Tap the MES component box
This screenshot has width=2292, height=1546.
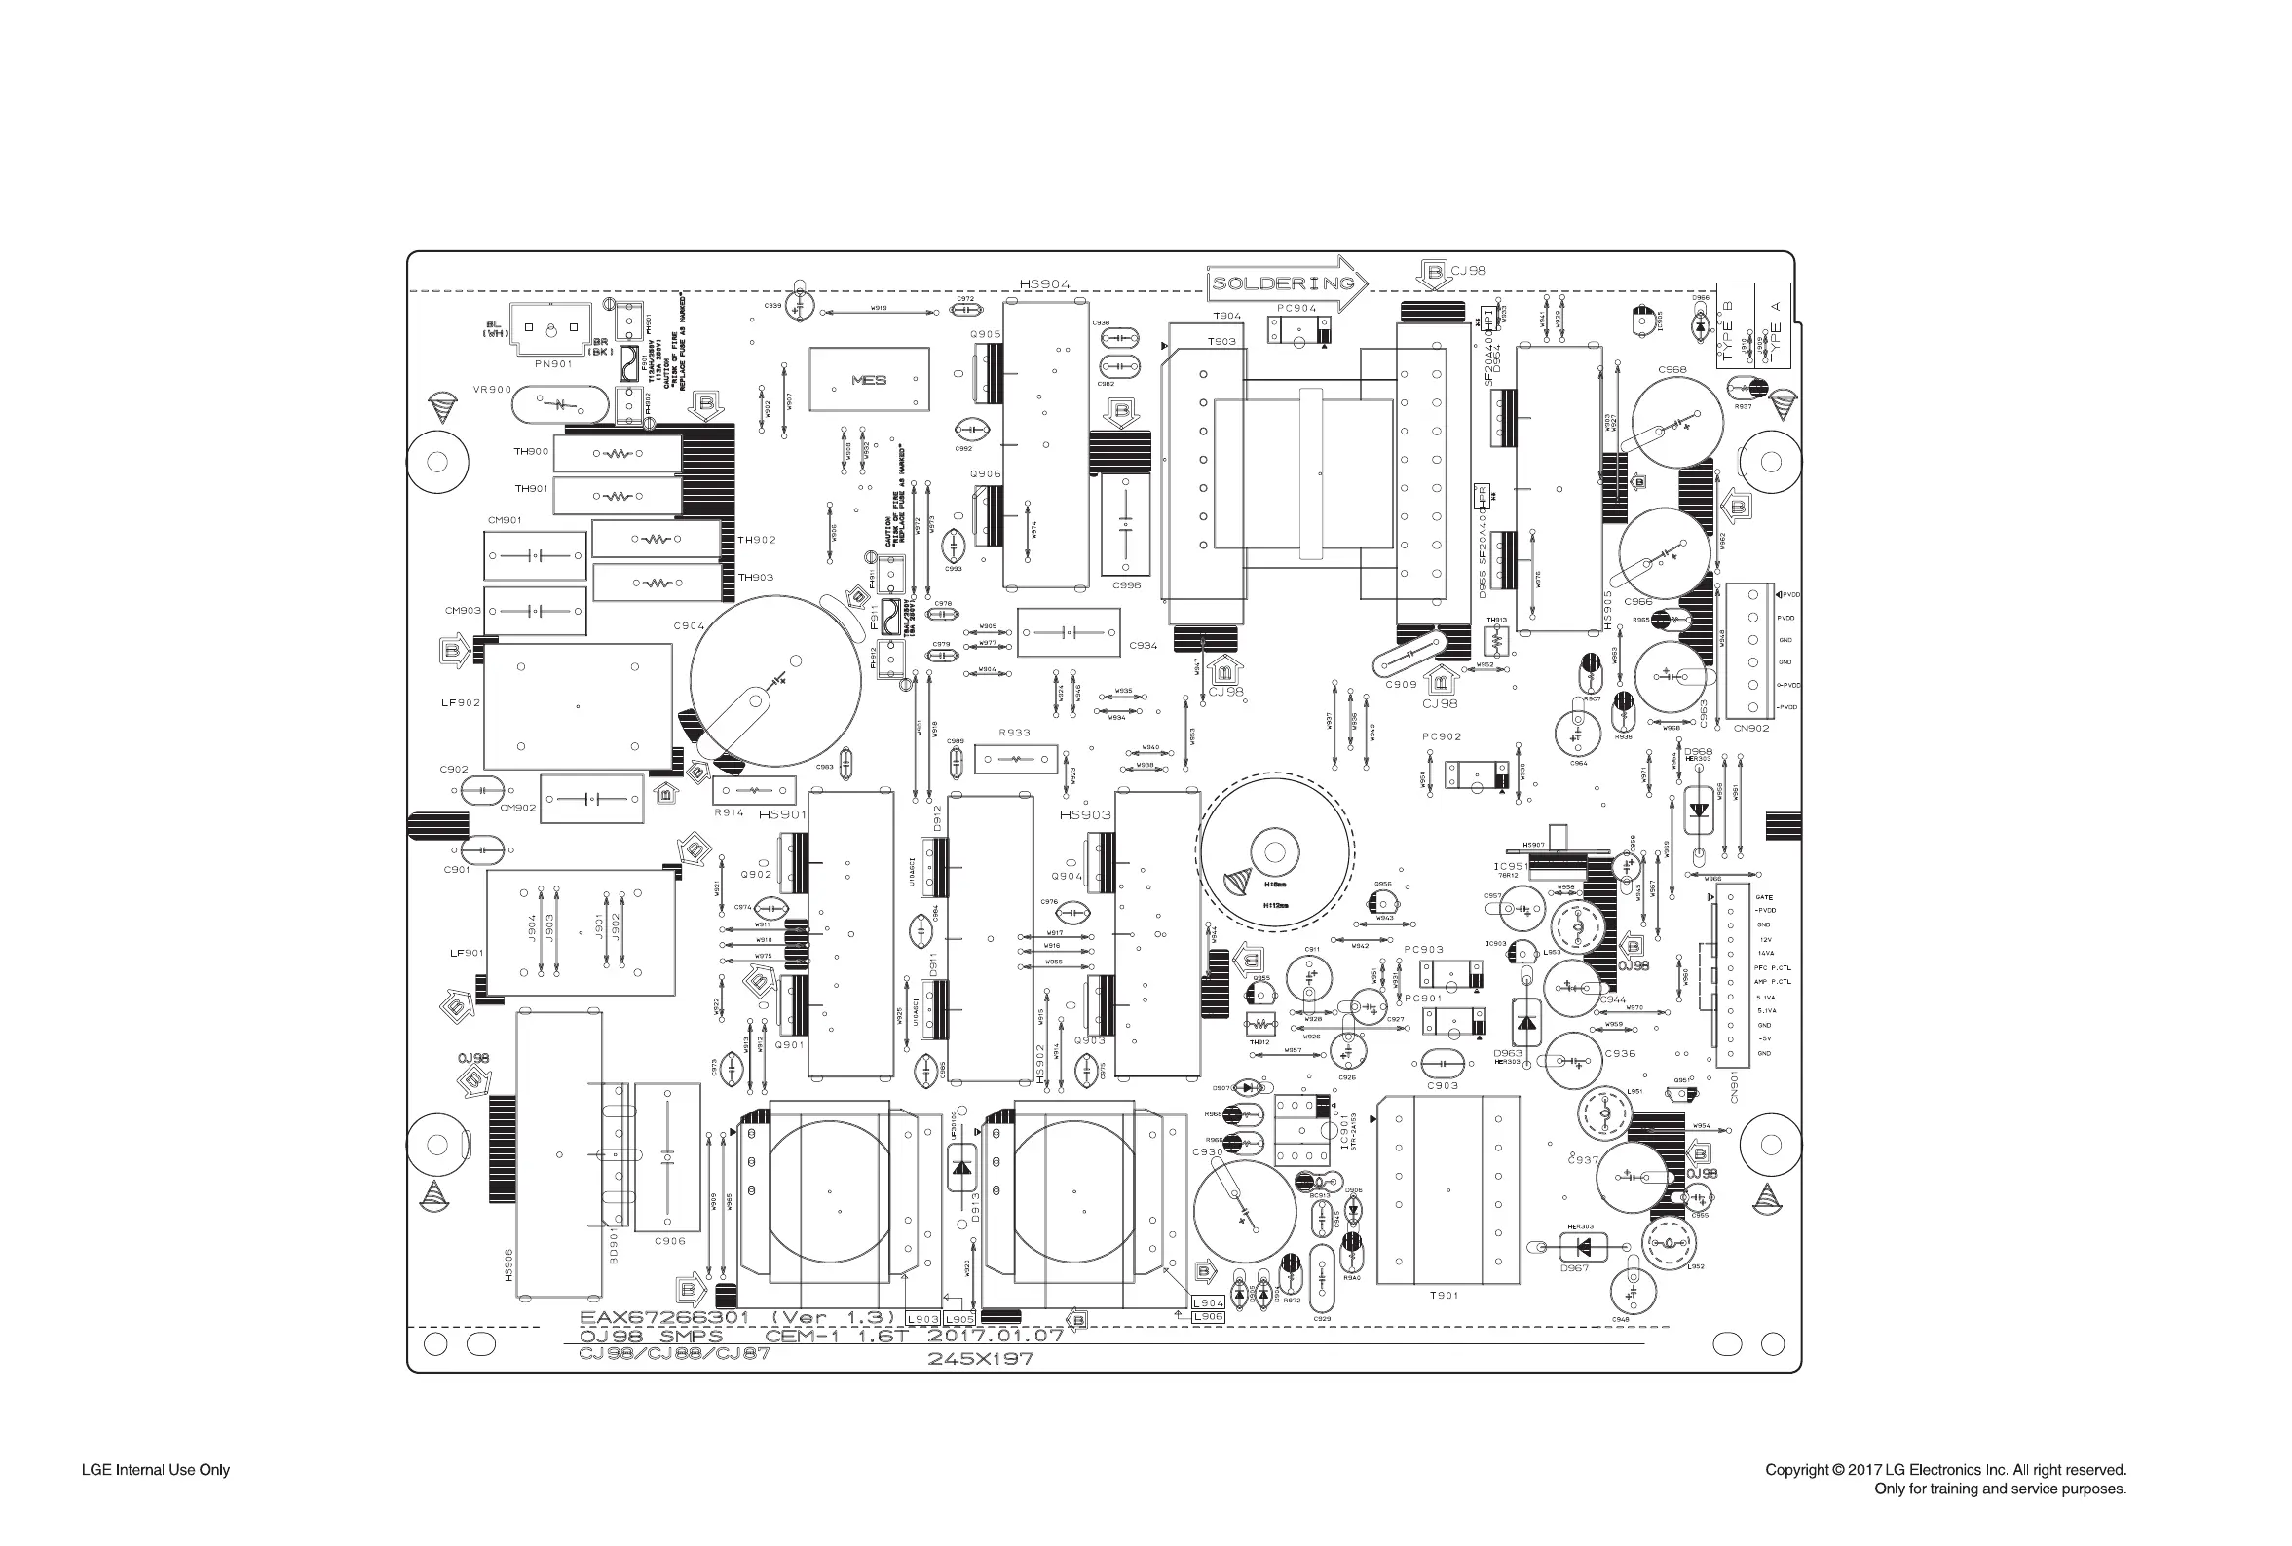tap(869, 380)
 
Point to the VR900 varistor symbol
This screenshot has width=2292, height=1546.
tap(559, 404)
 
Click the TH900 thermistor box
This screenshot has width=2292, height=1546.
tap(618, 454)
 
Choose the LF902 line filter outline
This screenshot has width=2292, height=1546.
tap(578, 706)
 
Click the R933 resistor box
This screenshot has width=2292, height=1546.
tap(1015, 760)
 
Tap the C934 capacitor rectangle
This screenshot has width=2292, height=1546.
tap(1069, 632)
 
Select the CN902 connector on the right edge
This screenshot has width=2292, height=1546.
tap(1749, 651)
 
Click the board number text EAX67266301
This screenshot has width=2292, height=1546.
tap(664, 1317)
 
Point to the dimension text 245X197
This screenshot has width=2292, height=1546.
tap(980, 1359)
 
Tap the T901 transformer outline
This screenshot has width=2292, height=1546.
tap(1448, 1189)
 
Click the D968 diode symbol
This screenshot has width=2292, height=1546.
tap(1698, 810)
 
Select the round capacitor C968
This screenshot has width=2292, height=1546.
tap(1676, 423)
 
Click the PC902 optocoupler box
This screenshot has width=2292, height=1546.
tap(1476, 775)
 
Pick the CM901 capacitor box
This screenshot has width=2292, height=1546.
tap(535, 556)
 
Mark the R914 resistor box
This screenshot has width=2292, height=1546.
tap(754, 791)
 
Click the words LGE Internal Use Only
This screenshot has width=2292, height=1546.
tap(156, 1470)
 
